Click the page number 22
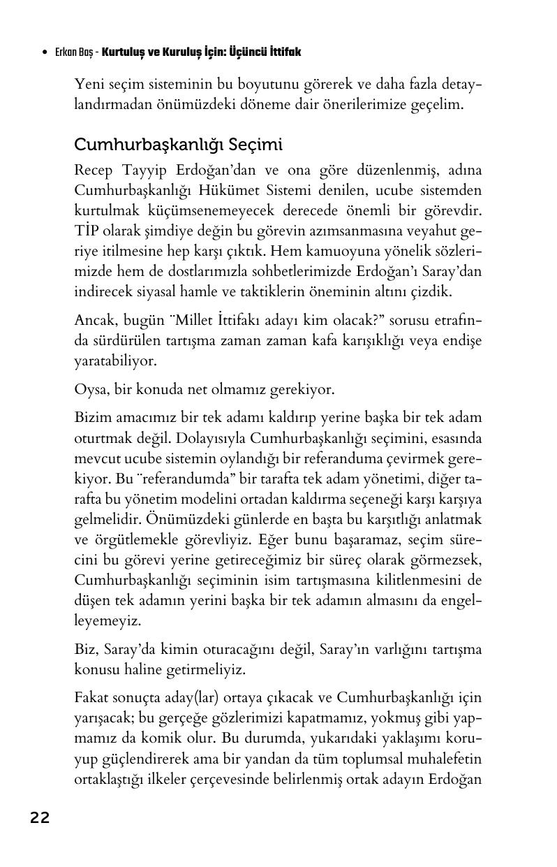point(40,818)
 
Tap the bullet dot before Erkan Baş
point(45,53)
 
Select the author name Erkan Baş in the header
point(76,53)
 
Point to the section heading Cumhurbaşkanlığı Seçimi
point(178,145)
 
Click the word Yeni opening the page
point(89,85)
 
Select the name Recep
point(94,171)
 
